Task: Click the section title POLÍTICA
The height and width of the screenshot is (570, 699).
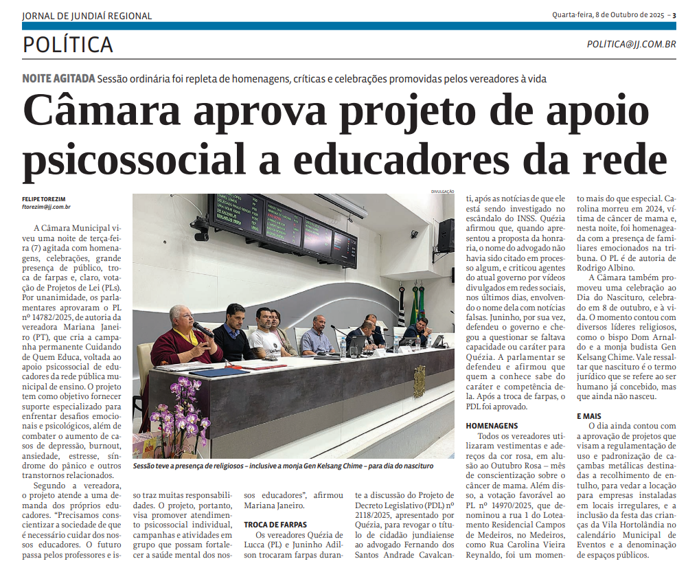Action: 67,45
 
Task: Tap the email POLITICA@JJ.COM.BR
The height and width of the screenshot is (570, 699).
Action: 631,44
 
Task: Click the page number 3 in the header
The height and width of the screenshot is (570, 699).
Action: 674,15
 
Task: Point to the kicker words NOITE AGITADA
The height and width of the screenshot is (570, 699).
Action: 58,78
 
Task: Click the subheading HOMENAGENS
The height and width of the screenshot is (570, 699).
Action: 492,426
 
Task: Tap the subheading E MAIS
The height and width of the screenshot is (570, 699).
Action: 590,416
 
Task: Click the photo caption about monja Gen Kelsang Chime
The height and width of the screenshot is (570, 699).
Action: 283,466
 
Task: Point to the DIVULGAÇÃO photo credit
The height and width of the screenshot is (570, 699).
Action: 443,192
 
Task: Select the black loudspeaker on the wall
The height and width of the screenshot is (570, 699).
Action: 446,234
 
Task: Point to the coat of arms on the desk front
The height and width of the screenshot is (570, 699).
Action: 419,382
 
